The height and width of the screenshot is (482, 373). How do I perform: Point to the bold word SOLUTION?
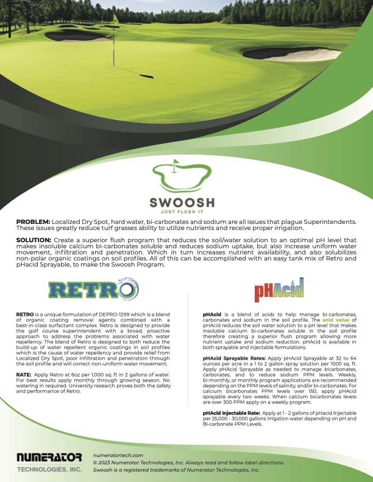click(x=34, y=241)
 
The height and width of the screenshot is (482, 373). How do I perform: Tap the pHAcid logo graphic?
click(x=279, y=290)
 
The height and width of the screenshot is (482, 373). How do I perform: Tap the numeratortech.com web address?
click(x=118, y=455)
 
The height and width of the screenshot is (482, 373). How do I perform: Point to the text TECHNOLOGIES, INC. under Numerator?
click(x=49, y=470)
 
